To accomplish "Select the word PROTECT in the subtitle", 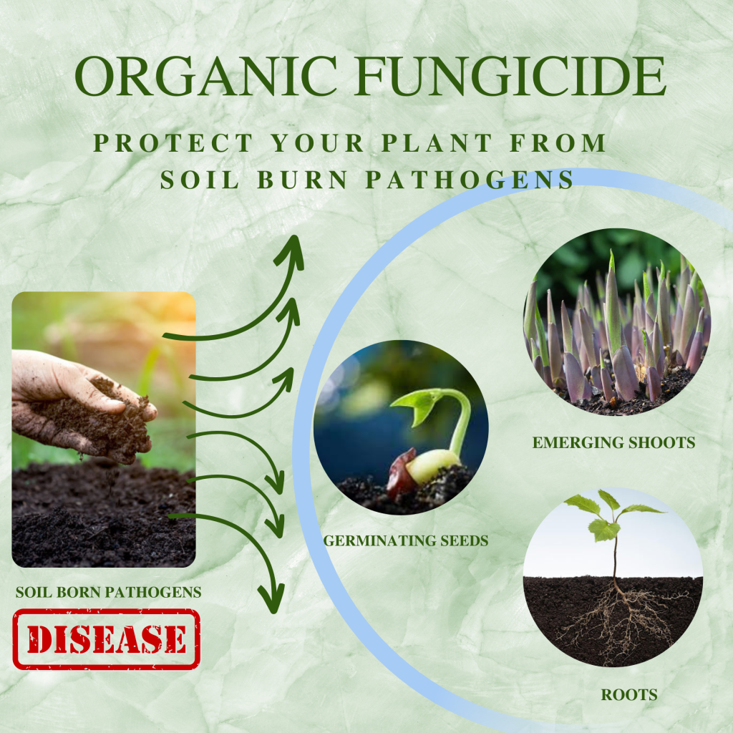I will pos(173,143).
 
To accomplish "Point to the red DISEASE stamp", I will pos(106,639).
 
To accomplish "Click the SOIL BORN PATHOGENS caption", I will pos(108,592).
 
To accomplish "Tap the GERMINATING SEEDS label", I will pos(406,540).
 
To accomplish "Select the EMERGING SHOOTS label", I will pos(613,443).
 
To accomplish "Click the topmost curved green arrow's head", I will pos(292,247).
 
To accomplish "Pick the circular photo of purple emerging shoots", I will pos(616,322).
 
